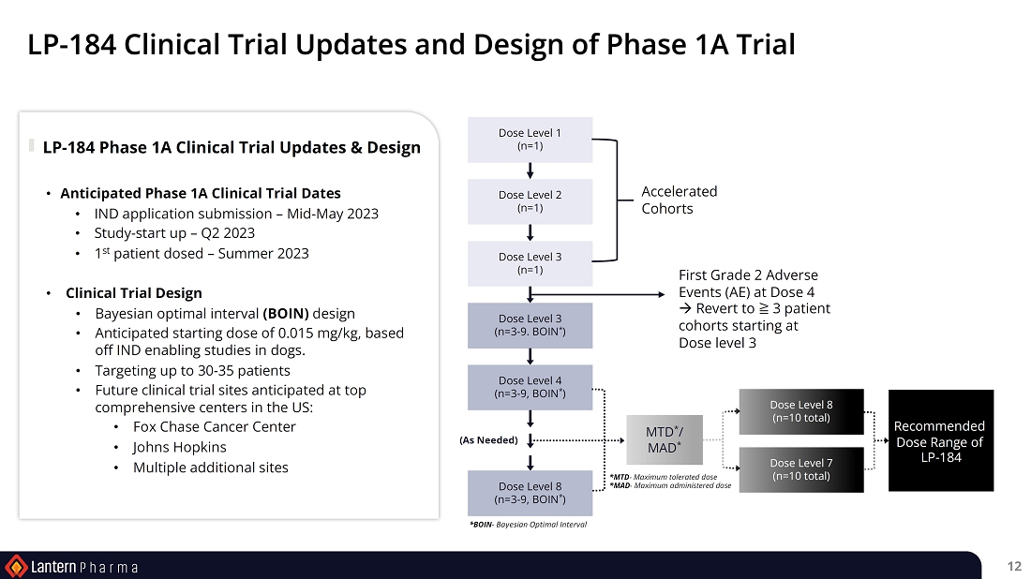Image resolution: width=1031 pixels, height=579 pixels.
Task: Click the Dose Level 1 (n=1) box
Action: [530, 140]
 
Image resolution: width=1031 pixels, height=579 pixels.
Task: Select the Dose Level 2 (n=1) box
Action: [530, 201]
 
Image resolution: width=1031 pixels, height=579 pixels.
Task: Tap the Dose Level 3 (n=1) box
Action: [530, 263]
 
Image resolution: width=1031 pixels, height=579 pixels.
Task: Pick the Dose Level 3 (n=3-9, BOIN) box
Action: [530, 325]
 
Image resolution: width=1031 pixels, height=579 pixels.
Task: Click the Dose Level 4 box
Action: [530, 387]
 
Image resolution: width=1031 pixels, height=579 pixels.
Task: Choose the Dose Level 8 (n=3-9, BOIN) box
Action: [530, 493]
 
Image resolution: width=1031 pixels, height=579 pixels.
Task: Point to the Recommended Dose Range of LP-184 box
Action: [940, 440]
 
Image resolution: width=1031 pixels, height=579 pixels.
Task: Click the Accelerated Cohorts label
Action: [679, 200]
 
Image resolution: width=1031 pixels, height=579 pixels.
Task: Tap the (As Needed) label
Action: [488, 440]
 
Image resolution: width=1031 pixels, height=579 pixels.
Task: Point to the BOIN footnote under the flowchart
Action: [528, 525]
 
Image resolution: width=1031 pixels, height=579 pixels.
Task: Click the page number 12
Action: [1014, 566]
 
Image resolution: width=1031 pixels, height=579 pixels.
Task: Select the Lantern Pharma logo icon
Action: [16, 566]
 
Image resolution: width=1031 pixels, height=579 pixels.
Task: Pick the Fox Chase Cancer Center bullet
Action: [215, 426]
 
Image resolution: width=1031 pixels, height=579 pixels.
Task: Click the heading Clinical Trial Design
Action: [133, 292]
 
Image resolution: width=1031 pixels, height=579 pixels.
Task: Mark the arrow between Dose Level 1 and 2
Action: [530, 171]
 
